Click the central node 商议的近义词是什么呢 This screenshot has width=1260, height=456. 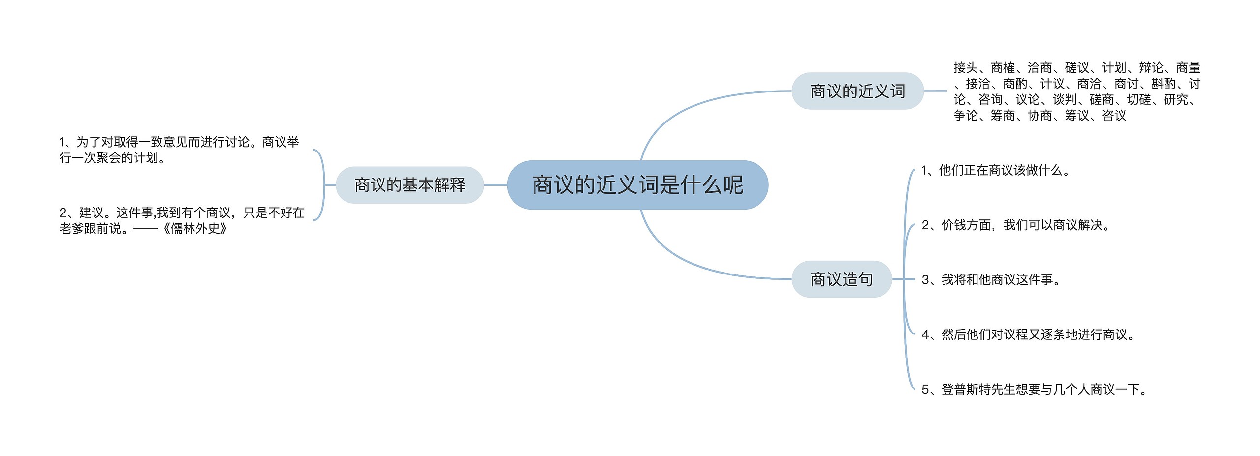click(x=637, y=185)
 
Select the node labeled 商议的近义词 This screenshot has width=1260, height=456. click(x=857, y=91)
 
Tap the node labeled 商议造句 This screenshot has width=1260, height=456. click(x=842, y=279)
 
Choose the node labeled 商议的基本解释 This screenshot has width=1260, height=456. click(x=409, y=185)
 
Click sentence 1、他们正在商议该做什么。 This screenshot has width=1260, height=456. click(x=995, y=171)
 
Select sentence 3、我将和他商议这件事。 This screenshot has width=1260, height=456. click(x=991, y=280)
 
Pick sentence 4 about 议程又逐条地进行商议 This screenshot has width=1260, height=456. click(x=1028, y=334)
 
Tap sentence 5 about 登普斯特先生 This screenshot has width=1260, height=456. click(x=1034, y=390)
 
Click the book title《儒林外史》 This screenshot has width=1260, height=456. click(x=195, y=229)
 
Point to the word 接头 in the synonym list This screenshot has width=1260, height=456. click(x=966, y=68)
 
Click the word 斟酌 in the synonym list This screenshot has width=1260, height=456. click(x=1164, y=84)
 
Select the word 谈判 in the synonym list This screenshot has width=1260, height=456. click(x=1065, y=100)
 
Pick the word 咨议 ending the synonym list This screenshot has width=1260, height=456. click(x=1114, y=116)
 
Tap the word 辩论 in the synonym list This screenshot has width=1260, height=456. click(x=1151, y=68)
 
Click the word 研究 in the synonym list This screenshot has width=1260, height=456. click(x=1176, y=100)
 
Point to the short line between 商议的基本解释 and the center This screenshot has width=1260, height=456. click(x=496, y=185)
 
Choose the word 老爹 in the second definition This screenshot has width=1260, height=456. click(x=72, y=229)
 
